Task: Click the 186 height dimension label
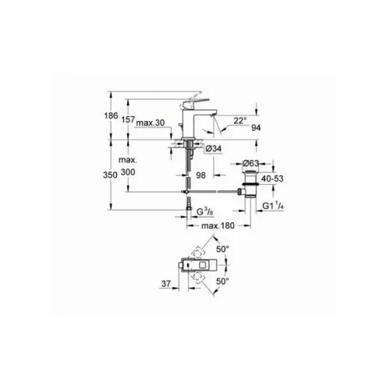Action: (111, 115)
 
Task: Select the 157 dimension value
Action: (128, 119)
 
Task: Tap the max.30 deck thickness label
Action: (151, 122)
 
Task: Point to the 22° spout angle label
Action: (239, 121)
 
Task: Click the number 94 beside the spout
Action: (256, 127)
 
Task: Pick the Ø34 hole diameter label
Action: (214, 148)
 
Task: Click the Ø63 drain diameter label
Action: (251, 163)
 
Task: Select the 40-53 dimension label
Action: (272, 179)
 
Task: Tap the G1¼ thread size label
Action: (273, 206)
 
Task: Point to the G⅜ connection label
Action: (205, 212)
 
